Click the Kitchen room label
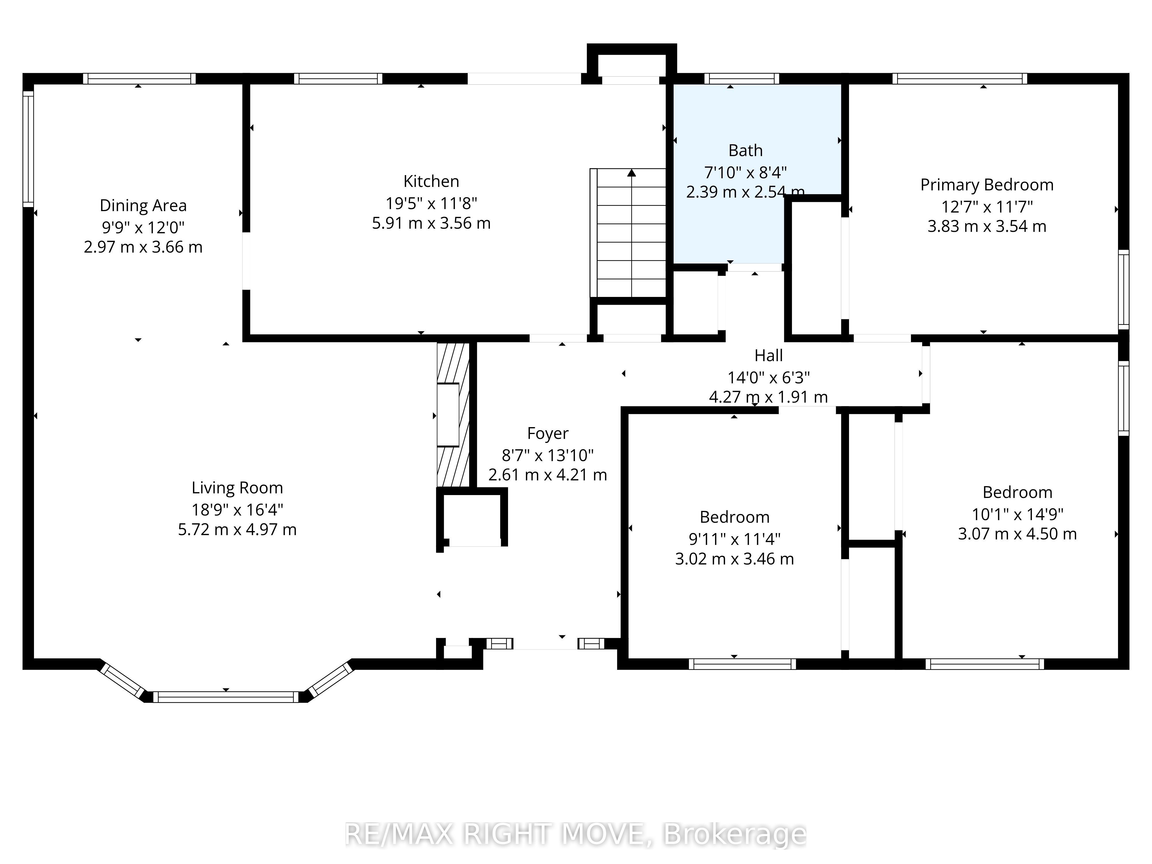pyautogui.click(x=431, y=181)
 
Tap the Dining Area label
pyautogui.click(x=143, y=206)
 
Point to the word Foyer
pyautogui.click(x=548, y=434)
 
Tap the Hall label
pyautogui.click(x=769, y=356)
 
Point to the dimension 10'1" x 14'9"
pyautogui.click(x=1018, y=514)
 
